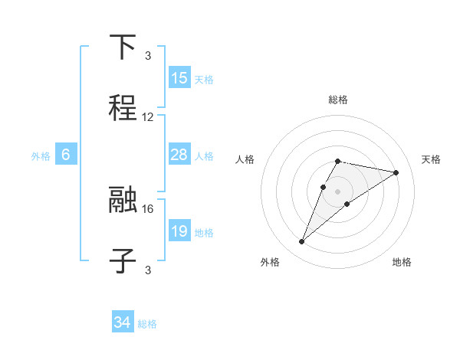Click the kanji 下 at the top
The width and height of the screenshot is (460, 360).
[123, 47]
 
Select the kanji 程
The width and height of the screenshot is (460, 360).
[123, 108]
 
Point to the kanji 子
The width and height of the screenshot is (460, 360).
[123, 261]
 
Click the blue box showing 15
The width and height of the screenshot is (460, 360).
[179, 78]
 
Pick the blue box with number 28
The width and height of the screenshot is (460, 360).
[179, 155]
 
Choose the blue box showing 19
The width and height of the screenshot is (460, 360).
[179, 231]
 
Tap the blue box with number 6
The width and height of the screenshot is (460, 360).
[66, 155]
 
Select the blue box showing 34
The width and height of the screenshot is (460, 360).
[123, 322]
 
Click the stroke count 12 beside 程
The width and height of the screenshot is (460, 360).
[148, 117]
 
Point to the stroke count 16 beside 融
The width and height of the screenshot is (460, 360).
[148, 208]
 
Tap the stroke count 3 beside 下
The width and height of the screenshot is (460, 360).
[148, 55]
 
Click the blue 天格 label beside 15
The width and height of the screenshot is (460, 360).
[204, 79]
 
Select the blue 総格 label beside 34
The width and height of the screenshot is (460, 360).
[147, 324]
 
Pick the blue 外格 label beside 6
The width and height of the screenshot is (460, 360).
[41, 155]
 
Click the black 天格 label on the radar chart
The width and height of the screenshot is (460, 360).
[431, 159]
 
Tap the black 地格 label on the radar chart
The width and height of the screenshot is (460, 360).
[402, 263]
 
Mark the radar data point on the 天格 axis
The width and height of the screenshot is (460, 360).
[396, 172]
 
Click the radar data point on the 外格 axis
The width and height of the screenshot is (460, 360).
[302, 242]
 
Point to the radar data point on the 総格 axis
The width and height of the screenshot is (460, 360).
[338, 161]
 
